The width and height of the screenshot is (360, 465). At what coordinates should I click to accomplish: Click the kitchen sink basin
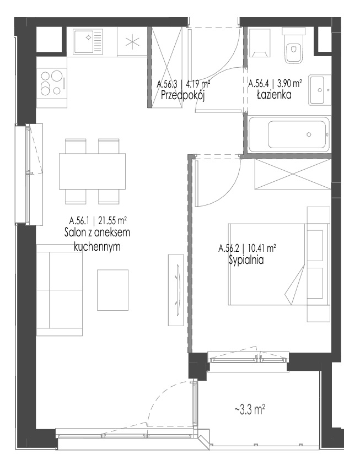pyautogui.click(x=88, y=41)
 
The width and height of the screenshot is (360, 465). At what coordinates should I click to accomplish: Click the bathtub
pyautogui.click(x=289, y=134)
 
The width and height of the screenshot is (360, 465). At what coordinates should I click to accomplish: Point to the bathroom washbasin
pyautogui.click(x=319, y=90)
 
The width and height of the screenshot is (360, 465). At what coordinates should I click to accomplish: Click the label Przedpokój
pyautogui.click(x=183, y=96)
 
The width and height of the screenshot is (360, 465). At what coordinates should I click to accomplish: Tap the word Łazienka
pyautogui.click(x=274, y=95)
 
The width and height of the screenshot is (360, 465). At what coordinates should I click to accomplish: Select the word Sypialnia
pyautogui.click(x=246, y=260)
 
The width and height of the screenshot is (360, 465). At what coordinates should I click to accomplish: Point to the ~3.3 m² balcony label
pyautogui.click(x=250, y=410)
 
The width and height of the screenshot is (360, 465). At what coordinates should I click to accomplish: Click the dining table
pyautogui.click(x=92, y=171)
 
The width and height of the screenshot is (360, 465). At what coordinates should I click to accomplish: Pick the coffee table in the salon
pyautogui.click(x=113, y=290)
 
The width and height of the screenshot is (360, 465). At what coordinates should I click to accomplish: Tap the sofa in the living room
pyautogui.click(x=60, y=290)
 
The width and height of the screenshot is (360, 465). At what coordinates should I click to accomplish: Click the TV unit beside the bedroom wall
pyautogui.click(x=176, y=290)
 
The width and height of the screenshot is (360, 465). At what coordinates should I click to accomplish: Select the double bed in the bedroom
pyautogui.click(x=279, y=264)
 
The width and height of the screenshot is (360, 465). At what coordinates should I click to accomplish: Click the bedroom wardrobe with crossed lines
pyautogui.click(x=292, y=174)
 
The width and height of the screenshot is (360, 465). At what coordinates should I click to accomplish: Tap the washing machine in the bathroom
pyautogui.click(x=260, y=43)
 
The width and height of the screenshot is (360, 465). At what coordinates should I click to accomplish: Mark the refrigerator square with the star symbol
pyautogui.click(x=132, y=41)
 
